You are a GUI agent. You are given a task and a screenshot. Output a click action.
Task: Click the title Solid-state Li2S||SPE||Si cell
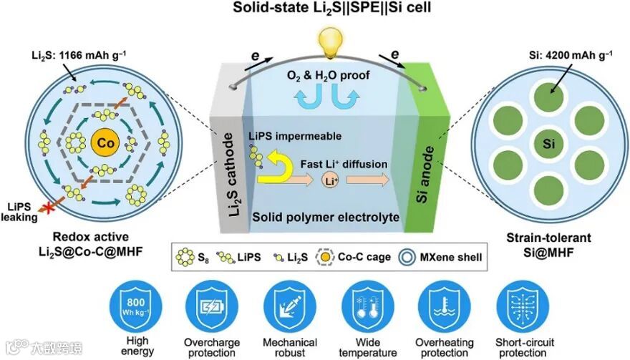315,9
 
